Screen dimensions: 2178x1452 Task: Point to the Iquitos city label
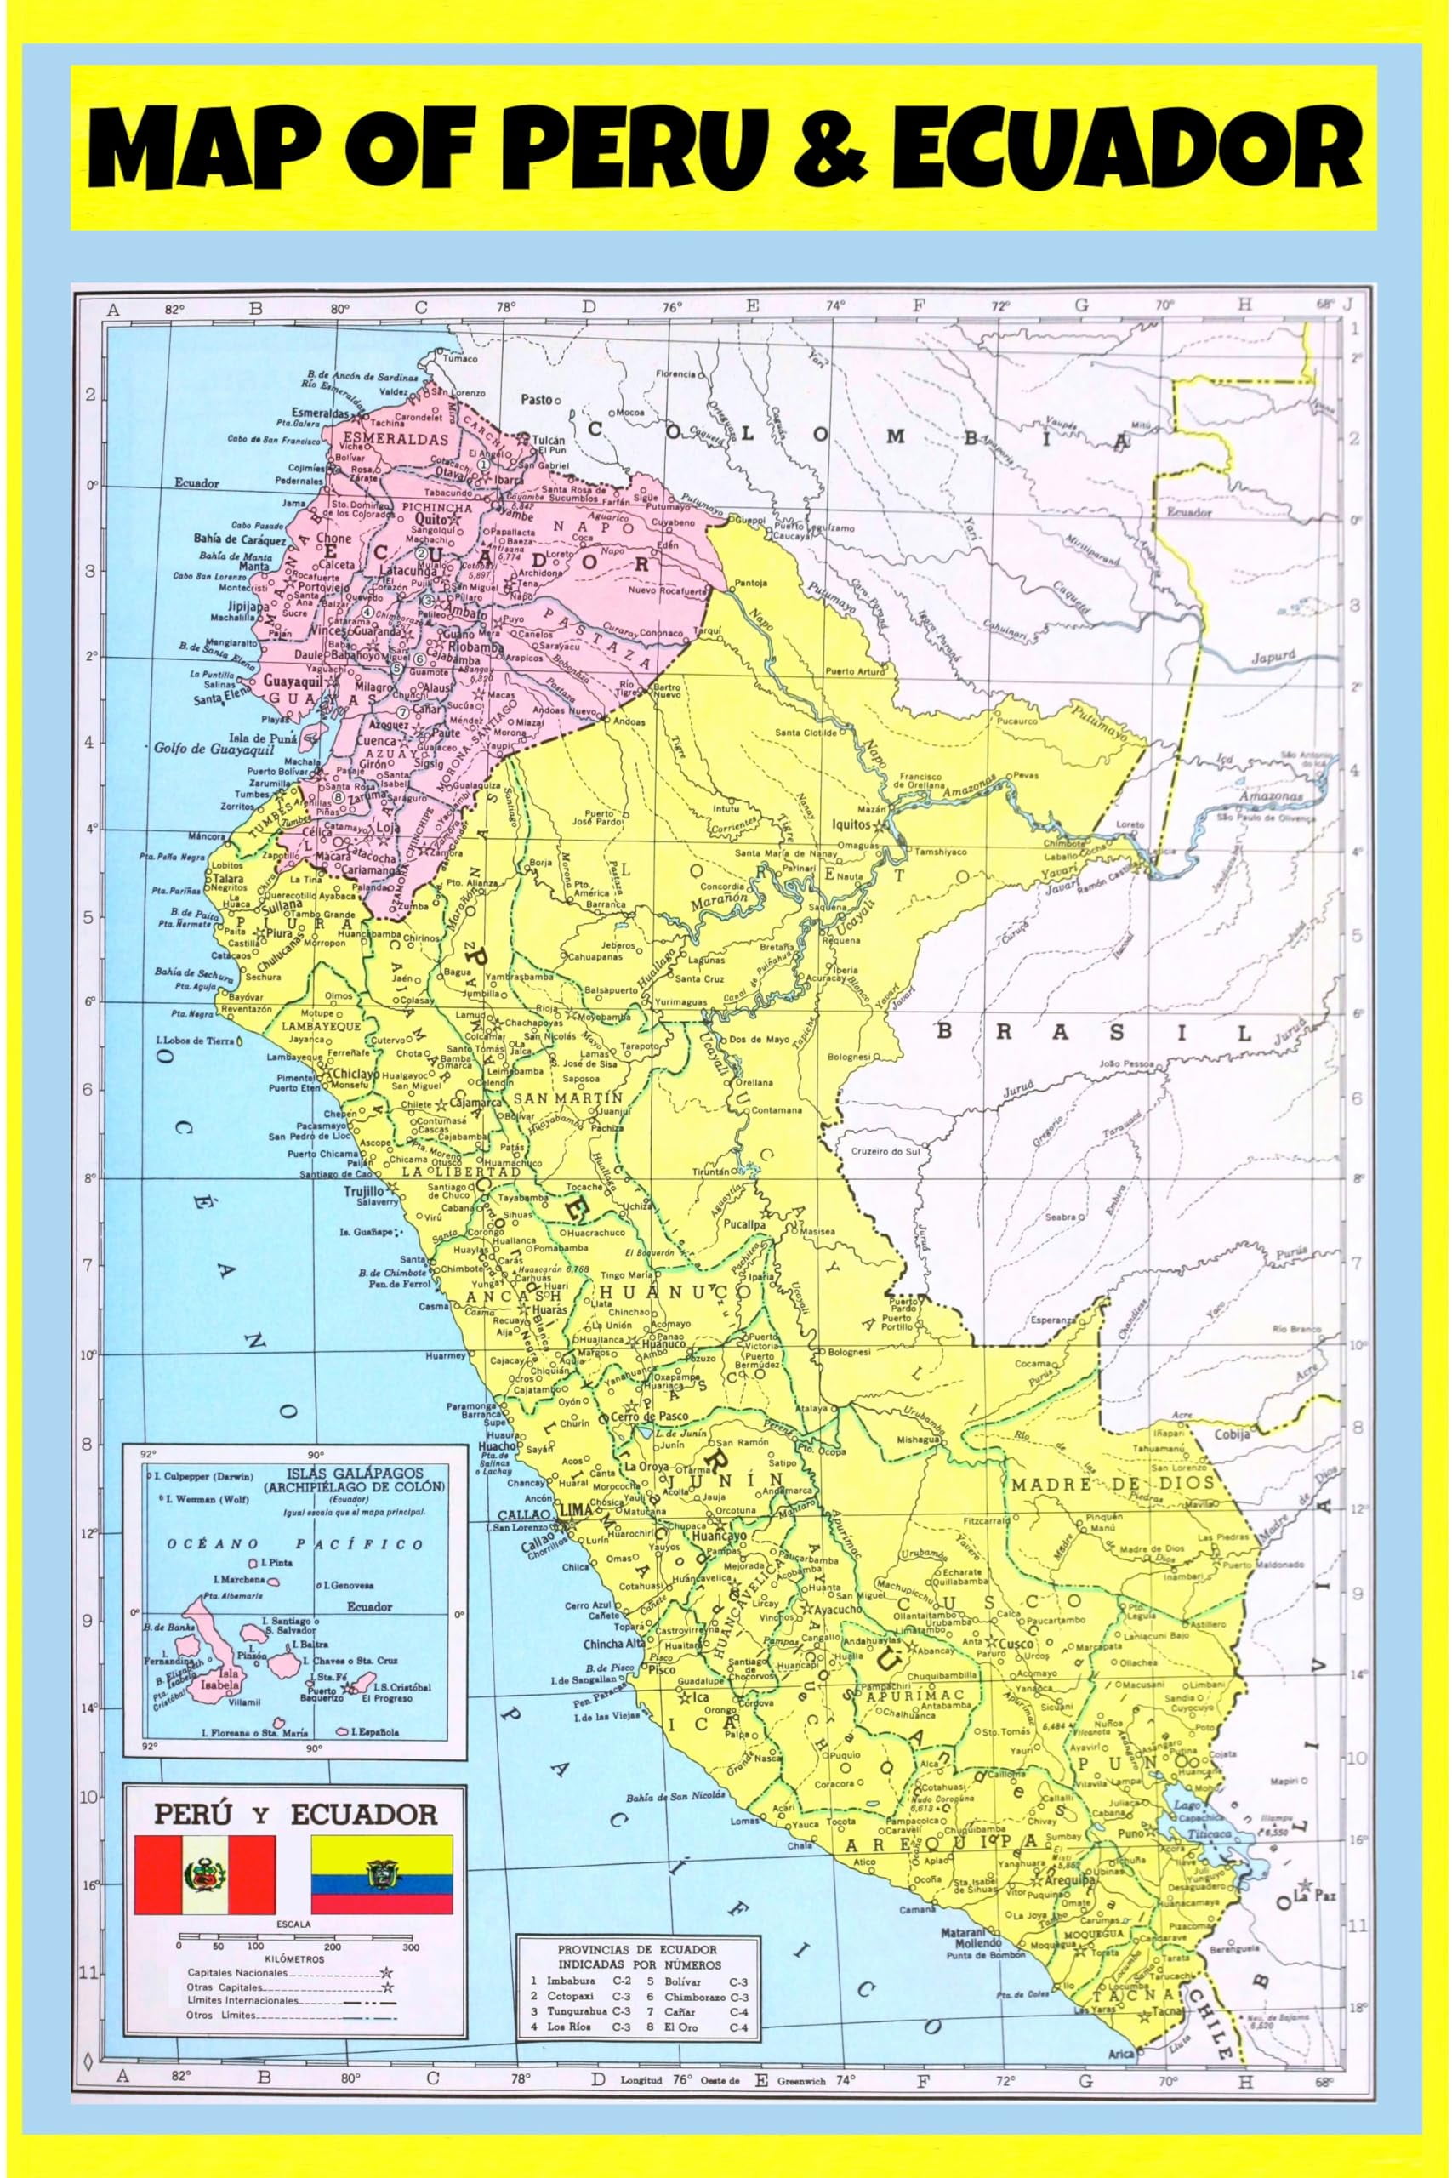click(850, 824)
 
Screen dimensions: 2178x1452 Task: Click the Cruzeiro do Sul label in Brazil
click(885, 1151)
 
